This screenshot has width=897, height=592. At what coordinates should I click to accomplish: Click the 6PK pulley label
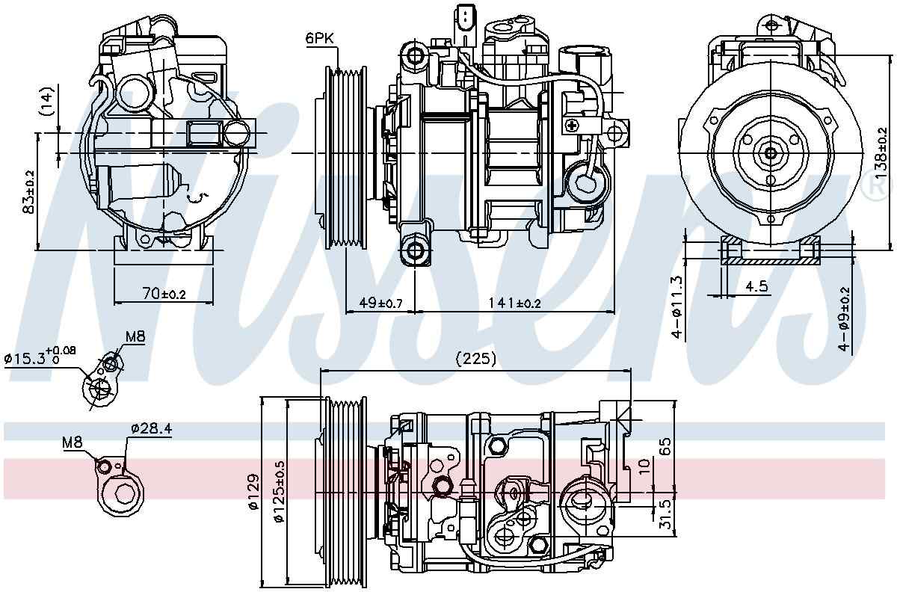(319, 37)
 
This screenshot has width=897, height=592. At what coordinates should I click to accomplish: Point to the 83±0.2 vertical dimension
(29, 191)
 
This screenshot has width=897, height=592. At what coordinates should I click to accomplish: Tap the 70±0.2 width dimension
(163, 295)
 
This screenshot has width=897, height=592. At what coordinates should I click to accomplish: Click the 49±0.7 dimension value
(380, 303)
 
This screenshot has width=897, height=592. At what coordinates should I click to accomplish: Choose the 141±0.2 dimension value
(514, 303)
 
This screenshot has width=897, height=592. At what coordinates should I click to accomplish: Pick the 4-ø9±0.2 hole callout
(845, 318)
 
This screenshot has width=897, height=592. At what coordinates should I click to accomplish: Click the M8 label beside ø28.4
(72, 443)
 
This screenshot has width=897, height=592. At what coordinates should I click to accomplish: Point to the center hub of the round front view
(771, 153)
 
